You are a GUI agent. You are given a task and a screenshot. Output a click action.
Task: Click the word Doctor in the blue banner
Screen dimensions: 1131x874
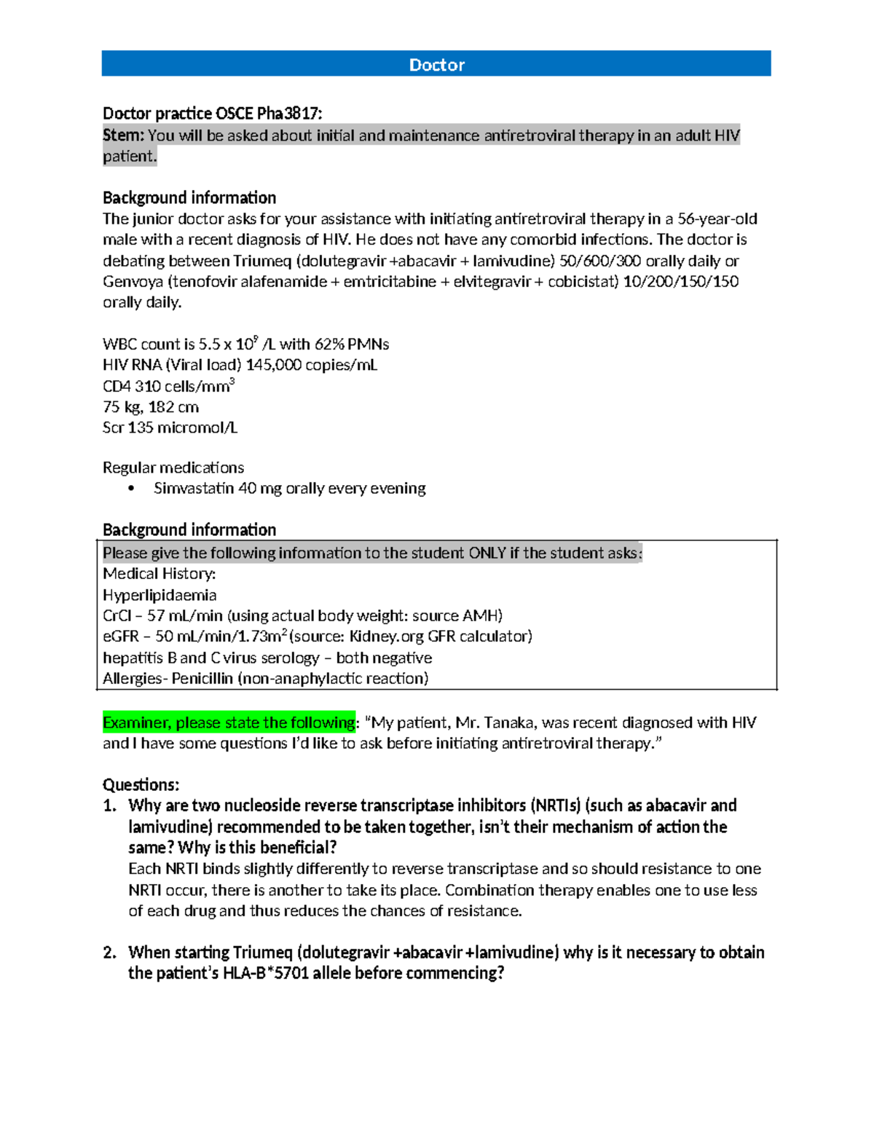(436, 65)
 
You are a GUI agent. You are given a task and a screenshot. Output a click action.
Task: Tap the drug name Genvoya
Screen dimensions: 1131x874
(133, 282)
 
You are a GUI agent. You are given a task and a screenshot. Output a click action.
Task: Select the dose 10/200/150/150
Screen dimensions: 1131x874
(681, 282)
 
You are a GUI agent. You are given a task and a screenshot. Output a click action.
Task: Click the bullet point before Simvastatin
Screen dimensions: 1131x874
(131, 489)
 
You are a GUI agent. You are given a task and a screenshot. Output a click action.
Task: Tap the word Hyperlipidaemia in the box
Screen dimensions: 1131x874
(160, 595)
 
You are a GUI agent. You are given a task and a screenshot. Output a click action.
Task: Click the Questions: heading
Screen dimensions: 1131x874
(141, 784)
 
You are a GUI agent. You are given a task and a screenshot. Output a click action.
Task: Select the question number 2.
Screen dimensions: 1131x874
(109, 953)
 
